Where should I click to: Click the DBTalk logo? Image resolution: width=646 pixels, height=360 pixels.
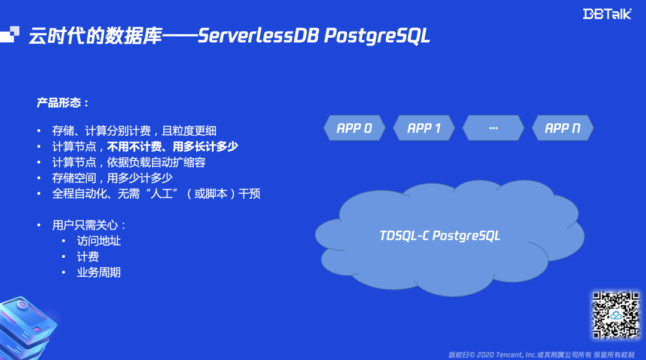607,14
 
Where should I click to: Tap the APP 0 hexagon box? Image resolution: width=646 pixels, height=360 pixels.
354,128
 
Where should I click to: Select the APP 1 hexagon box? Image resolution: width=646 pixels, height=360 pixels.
423,128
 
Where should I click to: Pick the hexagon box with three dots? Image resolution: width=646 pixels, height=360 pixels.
493,128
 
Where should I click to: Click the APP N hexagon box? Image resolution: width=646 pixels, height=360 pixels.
562,128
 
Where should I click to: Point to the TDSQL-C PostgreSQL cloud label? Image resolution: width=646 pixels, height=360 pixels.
440,235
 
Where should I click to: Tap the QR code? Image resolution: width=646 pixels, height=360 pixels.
616,315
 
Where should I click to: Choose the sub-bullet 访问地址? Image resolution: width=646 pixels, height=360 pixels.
99,241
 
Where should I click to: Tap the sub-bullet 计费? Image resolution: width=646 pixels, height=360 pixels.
88,257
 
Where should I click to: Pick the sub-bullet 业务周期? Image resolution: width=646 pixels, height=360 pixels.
99,272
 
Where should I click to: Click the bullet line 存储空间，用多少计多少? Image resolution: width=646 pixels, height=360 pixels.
112,178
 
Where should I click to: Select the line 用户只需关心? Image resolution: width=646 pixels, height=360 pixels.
89,225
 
